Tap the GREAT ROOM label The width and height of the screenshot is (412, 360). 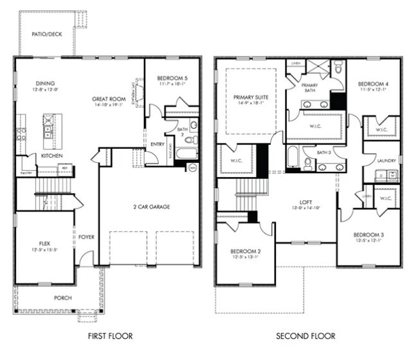pos(108,99)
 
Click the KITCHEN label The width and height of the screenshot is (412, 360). pos(53,156)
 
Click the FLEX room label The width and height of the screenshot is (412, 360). pos(45,244)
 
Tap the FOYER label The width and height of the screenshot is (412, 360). pos(87,237)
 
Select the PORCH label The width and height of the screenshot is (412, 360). pos(62,298)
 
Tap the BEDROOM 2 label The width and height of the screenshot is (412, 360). pos(244,250)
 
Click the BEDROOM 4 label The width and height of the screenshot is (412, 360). pos(373,84)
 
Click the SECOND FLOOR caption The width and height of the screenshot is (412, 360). pos(305,336)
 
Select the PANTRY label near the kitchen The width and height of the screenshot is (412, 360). pos(26,173)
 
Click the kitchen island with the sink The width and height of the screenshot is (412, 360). pos(48,127)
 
